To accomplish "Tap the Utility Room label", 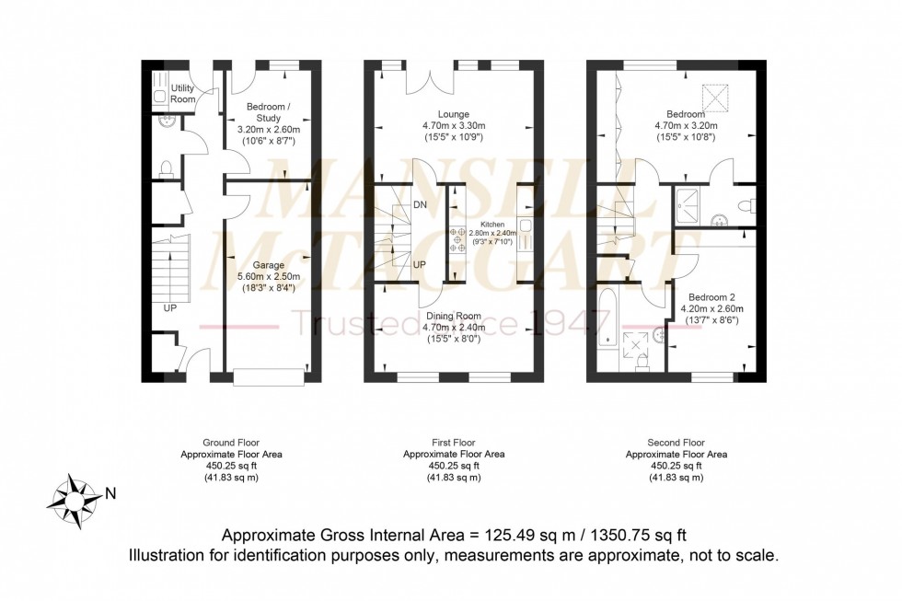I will click(183, 93).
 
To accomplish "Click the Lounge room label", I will click(452, 114).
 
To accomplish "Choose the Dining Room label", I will click(452, 316).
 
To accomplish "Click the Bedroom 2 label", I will click(711, 296).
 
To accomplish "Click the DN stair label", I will click(420, 204).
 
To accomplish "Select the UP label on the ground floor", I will click(169, 307).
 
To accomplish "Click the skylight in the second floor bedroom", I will click(716, 96).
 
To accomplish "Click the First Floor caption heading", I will click(454, 443).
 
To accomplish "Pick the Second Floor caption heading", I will click(676, 443).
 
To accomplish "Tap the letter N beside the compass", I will click(110, 493).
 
